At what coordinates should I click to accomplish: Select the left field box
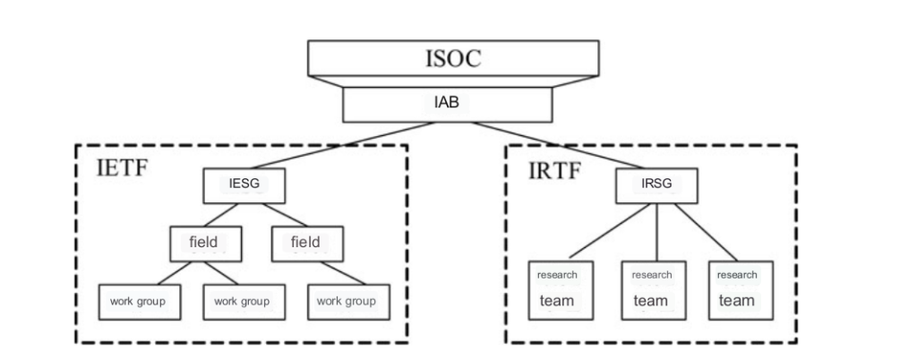(202, 242)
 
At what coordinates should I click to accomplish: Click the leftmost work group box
(137, 301)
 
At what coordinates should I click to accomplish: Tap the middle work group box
(242, 301)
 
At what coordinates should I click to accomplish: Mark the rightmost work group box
(347, 301)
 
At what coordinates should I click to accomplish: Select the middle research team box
(651, 288)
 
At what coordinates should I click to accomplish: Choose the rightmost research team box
(737, 288)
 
